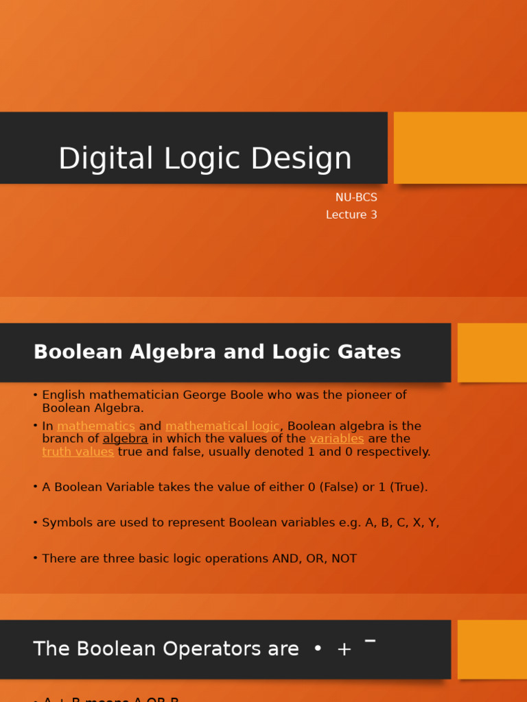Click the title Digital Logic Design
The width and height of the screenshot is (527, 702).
coord(204,158)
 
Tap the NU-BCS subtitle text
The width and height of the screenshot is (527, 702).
coord(356,197)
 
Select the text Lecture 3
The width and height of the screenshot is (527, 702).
coord(351,215)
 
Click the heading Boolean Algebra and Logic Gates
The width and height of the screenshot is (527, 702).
coord(217,352)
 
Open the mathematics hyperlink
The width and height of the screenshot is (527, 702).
coord(96,426)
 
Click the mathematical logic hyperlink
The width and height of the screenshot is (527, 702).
coord(222,426)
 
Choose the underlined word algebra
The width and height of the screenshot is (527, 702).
coord(125,439)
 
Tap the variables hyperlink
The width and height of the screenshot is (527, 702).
coord(336,439)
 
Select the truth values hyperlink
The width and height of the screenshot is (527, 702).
coord(78,452)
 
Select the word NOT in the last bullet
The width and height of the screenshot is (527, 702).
coord(344,559)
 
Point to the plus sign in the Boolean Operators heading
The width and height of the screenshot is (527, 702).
coord(344,649)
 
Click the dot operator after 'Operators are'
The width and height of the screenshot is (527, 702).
coord(317,649)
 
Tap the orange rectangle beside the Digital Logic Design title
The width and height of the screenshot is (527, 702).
coord(460,147)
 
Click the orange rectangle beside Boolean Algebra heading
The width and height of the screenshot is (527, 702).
coord(492,352)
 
